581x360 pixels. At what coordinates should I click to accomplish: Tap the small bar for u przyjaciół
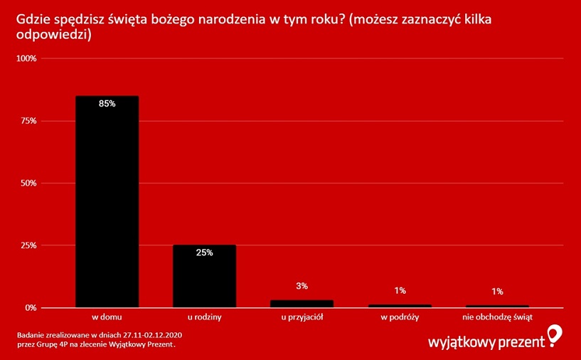[x=302, y=304]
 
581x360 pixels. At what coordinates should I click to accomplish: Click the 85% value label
[x=107, y=104]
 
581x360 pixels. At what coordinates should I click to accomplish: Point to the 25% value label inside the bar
[x=205, y=253]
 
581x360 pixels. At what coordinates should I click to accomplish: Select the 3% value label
[x=302, y=287]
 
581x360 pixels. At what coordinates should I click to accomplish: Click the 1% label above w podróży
[x=400, y=290]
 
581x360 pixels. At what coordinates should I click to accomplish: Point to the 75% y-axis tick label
[x=28, y=121]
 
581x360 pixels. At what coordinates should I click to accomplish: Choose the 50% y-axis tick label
[x=28, y=183]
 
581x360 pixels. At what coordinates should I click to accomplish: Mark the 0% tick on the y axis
[x=31, y=308]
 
